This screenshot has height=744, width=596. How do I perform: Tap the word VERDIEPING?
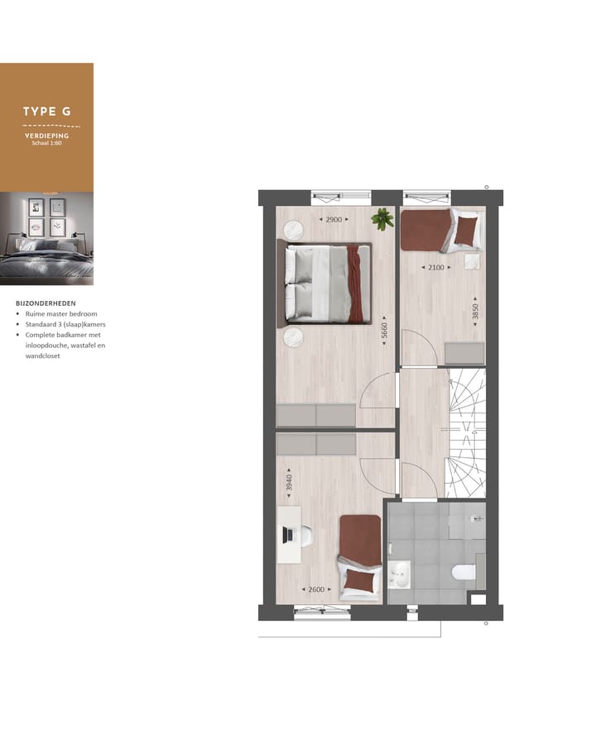46,135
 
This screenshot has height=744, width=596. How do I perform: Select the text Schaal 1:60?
46,142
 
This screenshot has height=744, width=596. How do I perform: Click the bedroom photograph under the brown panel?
46,238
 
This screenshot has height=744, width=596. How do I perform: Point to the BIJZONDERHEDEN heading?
46,303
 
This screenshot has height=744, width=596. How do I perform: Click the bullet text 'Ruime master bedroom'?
60,314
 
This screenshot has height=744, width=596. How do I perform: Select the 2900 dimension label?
333,219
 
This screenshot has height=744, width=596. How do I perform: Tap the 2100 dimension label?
435,267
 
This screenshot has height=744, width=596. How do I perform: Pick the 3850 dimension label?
475,313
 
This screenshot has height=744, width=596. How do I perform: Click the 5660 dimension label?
385,336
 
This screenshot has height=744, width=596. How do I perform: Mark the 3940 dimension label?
289,483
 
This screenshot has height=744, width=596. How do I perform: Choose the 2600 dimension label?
316,589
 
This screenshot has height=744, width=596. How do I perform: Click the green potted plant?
382,218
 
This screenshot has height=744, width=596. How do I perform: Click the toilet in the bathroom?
462,570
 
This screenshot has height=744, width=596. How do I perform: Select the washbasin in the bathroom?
399,572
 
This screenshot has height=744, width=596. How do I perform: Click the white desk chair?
305,536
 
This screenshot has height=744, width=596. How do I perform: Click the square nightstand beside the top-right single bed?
470,262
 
